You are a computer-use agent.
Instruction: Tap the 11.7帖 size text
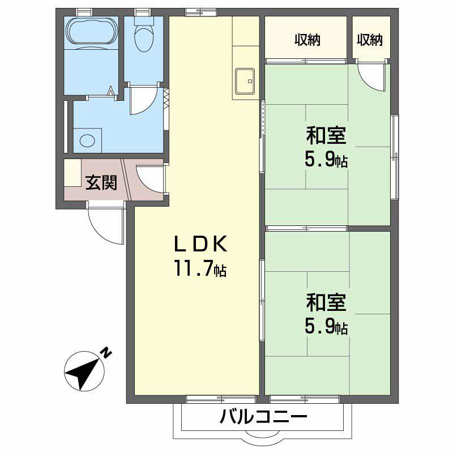[x=200, y=270]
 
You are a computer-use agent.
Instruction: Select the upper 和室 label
[x=326, y=136]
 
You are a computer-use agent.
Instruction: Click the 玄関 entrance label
[x=101, y=182]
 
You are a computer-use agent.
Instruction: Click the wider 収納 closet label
[x=307, y=40]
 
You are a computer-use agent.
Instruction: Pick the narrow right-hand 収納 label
[x=370, y=40]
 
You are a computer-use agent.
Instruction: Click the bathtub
[x=91, y=32]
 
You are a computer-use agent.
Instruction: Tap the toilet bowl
[x=143, y=36]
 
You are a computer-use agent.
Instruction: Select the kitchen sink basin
[x=245, y=81]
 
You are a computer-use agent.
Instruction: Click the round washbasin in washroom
[x=87, y=140]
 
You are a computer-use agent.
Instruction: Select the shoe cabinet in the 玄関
[x=72, y=173]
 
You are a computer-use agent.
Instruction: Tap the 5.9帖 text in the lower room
[x=326, y=327]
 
